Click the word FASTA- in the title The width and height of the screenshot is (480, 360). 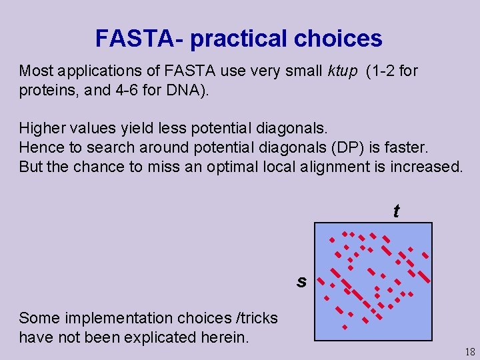139,38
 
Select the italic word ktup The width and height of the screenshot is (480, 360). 342,71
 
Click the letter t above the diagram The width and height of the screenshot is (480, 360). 396,211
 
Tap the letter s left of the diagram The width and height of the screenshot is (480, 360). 302,281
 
